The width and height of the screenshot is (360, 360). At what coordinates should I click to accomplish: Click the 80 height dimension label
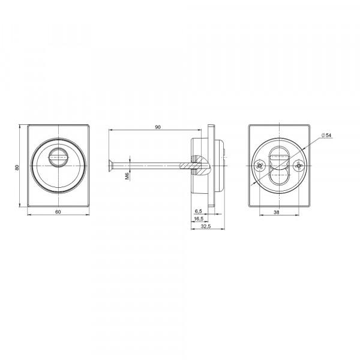click(17, 167)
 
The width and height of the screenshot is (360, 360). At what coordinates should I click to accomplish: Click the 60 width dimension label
click(58, 212)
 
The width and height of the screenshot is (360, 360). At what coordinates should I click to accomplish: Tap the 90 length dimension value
click(158, 127)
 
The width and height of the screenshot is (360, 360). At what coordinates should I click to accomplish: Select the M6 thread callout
click(127, 176)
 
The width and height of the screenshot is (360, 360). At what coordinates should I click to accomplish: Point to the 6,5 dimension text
click(198, 211)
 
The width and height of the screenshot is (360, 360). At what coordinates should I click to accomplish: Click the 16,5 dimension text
click(199, 219)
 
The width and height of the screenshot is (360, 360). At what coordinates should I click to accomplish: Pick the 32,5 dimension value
click(206, 226)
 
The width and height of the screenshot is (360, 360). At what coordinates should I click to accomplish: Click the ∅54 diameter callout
click(326, 135)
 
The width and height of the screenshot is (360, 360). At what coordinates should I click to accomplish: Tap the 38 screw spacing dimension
click(277, 212)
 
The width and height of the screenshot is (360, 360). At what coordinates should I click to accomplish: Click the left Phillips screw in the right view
click(260, 166)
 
